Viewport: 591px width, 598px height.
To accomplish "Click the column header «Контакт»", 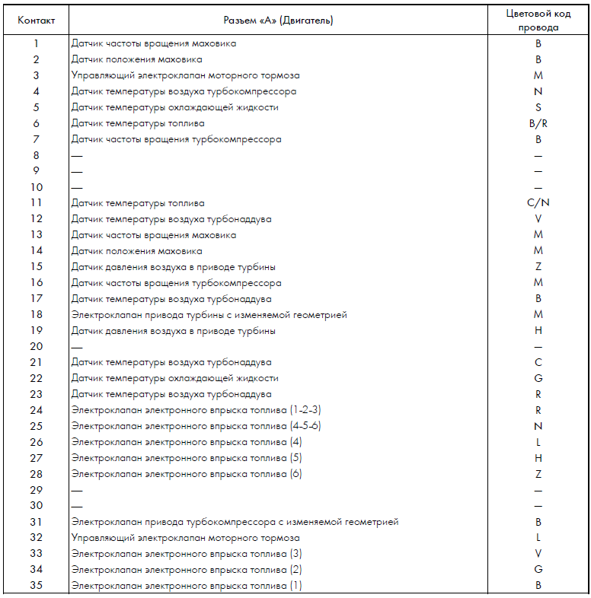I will pyautogui.click(x=36, y=20).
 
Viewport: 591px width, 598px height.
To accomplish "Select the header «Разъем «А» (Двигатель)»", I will pyautogui.click(x=279, y=20).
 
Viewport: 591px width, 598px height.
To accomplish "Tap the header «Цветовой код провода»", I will pyautogui.click(x=538, y=20).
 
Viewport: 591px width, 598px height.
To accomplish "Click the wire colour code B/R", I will pyautogui.click(x=538, y=123).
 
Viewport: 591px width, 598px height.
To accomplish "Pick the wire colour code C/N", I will pyautogui.click(x=538, y=203).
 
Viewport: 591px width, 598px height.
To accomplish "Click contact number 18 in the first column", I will pyautogui.click(x=36, y=315).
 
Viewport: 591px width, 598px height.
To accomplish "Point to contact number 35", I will pyautogui.click(x=36, y=586).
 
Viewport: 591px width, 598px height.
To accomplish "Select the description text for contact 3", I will pyautogui.click(x=185, y=75).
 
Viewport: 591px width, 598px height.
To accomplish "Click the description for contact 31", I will pyautogui.click(x=235, y=522).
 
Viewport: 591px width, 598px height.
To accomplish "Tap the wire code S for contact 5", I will pyautogui.click(x=538, y=107).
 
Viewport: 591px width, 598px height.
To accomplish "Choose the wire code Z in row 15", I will pyautogui.click(x=538, y=267).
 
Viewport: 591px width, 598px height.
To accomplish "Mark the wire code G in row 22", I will pyautogui.click(x=538, y=378).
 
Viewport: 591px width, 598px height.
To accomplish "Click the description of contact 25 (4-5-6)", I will pyautogui.click(x=196, y=426).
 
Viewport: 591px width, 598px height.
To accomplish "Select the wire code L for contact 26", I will pyautogui.click(x=538, y=442).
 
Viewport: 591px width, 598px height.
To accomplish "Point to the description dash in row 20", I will pyautogui.click(x=76, y=346).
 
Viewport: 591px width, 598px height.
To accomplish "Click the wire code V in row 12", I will pyautogui.click(x=538, y=219).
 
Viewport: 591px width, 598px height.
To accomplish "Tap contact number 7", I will pyautogui.click(x=36, y=139).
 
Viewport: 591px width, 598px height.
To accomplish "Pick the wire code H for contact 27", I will pyautogui.click(x=538, y=458).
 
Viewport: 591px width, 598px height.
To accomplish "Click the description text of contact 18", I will pyautogui.click(x=209, y=315).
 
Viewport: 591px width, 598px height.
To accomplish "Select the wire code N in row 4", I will pyautogui.click(x=538, y=91).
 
